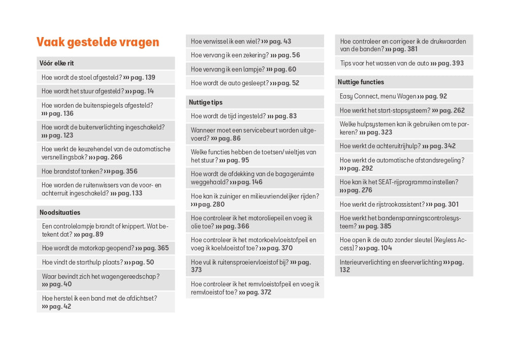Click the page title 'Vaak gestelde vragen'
coord(98,42)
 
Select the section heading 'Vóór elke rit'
coord(56,63)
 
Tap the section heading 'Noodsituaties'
coord(60,213)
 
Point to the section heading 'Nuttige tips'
coord(206,103)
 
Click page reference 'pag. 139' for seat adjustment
coord(143,78)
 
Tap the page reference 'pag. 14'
coord(143,91)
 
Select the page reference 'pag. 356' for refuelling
coord(124,172)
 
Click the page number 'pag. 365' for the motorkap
coord(156,248)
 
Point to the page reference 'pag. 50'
coord(143,263)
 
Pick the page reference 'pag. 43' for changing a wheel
coord(280,42)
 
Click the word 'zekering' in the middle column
coord(254,55)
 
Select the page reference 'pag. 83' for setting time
coord(285,116)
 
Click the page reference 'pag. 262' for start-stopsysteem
coord(452,111)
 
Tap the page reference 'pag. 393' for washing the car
coord(451,63)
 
